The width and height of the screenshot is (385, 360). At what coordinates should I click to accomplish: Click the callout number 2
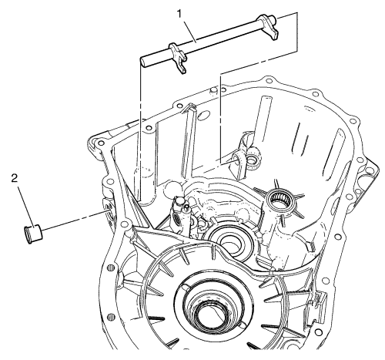pyautogui.click(x=15, y=178)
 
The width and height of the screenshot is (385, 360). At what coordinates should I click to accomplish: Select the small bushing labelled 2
pyautogui.click(x=33, y=234)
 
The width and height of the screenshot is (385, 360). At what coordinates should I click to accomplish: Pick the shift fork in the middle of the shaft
pyautogui.click(x=178, y=58)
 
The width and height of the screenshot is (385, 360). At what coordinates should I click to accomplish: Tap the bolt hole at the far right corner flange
pyautogui.click(x=369, y=170)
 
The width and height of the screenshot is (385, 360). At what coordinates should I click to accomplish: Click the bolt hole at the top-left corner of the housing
pyautogui.click(x=101, y=143)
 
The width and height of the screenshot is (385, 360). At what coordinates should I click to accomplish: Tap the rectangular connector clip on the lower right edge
pyautogui.click(x=319, y=302)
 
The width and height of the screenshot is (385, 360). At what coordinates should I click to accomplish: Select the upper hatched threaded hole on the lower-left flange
pyautogui.click(x=110, y=267)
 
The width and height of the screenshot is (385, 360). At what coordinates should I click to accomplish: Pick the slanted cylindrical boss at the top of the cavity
pyautogui.click(x=263, y=120)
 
